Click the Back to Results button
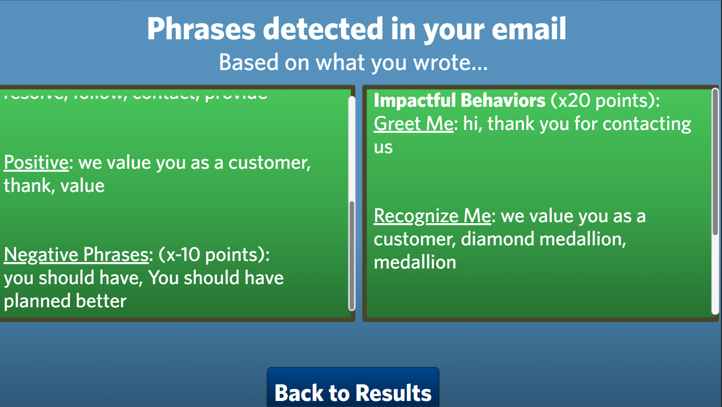coord(353,391)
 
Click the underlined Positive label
coord(36,163)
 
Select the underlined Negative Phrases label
coord(76,255)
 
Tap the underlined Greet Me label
coord(413,123)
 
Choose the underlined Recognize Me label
coord(432,216)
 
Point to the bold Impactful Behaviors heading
coord(459,101)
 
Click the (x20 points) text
coord(605,101)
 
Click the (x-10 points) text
coord(214,255)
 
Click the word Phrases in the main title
coord(201,29)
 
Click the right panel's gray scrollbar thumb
coord(715,161)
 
